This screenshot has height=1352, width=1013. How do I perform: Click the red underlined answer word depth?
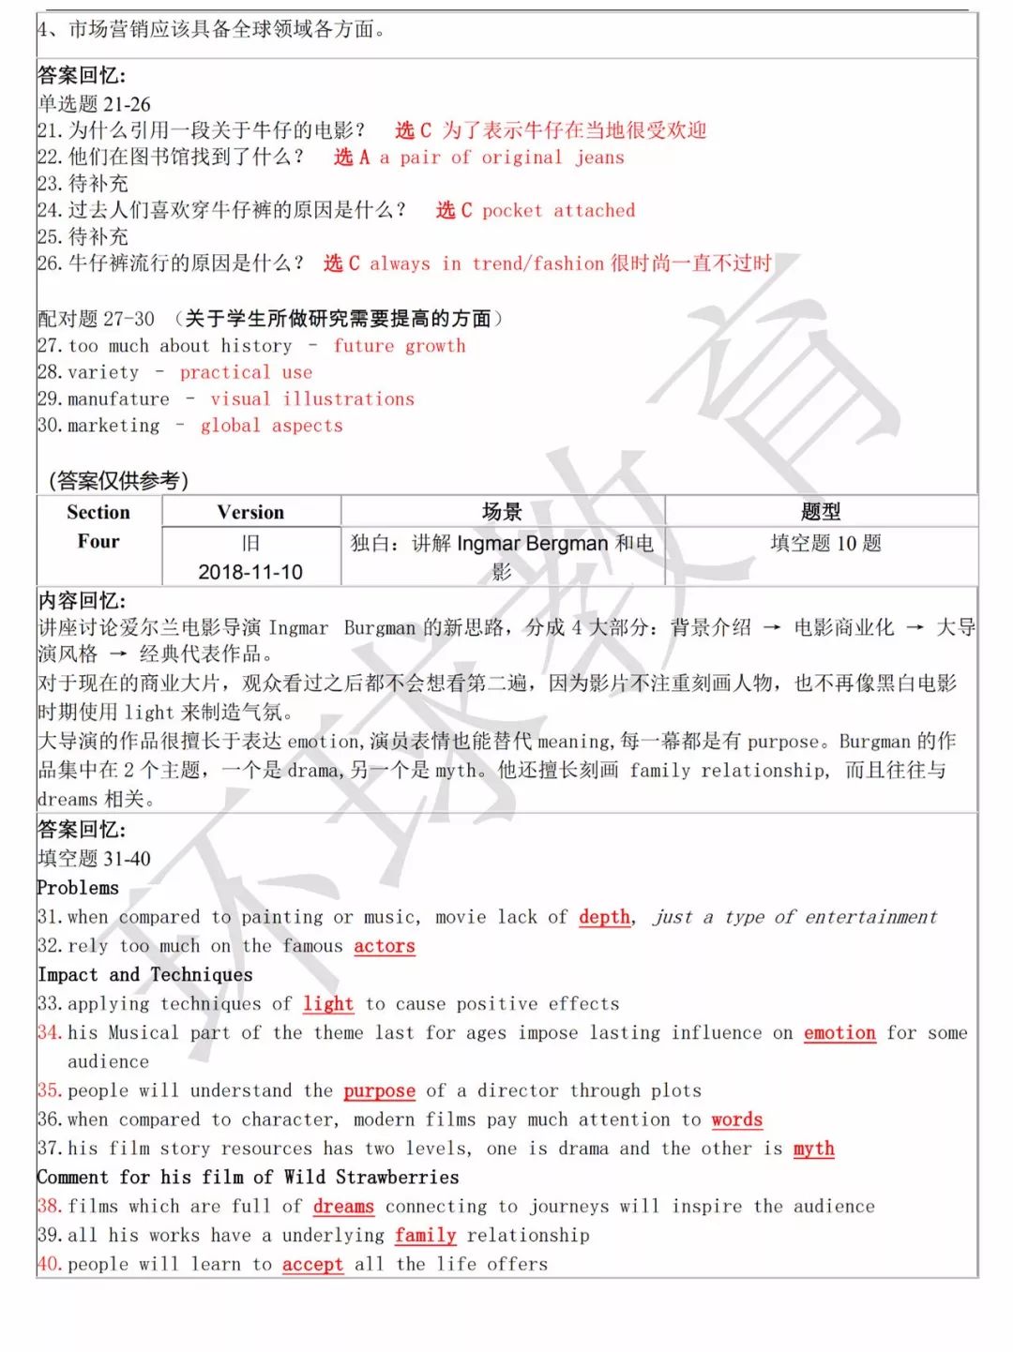(x=604, y=917)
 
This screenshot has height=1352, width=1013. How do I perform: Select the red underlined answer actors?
(x=384, y=946)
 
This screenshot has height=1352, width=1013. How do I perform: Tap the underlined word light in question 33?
(x=328, y=1004)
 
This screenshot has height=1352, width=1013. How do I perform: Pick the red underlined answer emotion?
(x=839, y=1033)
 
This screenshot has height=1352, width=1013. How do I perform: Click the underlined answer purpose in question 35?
(x=379, y=1090)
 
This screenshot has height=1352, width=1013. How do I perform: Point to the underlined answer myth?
(x=813, y=1149)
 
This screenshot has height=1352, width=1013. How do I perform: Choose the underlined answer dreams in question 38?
(x=343, y=1207)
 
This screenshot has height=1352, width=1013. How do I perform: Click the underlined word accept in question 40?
(x=312, y=1265)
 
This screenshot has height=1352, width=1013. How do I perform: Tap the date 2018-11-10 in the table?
(x=250, y=572)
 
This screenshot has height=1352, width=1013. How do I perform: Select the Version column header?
(x=250, y=512)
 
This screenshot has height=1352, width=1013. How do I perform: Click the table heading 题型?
(x=821, y=512)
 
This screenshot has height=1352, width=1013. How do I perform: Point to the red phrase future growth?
(x=400, y=346)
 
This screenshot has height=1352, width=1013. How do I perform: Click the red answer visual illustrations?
(x=312, y=399)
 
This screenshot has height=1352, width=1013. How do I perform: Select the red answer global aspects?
(x=272, y=426)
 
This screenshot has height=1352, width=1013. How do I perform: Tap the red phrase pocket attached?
(x=558, y=211)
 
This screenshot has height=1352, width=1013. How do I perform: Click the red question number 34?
(x=49, y=1033)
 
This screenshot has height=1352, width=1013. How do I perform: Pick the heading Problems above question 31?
(x=79, y=888)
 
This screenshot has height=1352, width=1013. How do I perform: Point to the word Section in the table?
(x=98, y=512)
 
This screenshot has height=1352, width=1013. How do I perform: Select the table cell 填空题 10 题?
(x=825, y=544)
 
